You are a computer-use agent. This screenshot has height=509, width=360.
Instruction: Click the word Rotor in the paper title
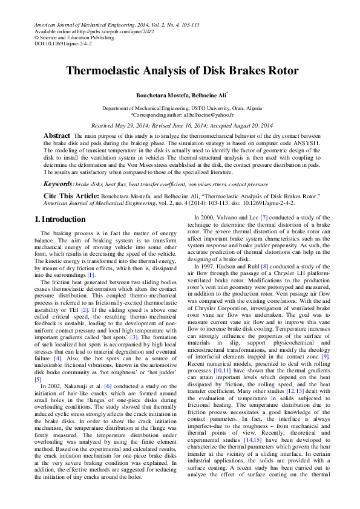280,71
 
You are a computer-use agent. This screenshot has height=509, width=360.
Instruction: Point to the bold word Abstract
57,136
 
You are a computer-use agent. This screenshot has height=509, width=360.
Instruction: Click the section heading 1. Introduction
60,219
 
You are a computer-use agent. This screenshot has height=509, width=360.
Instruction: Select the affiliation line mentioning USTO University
182,108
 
